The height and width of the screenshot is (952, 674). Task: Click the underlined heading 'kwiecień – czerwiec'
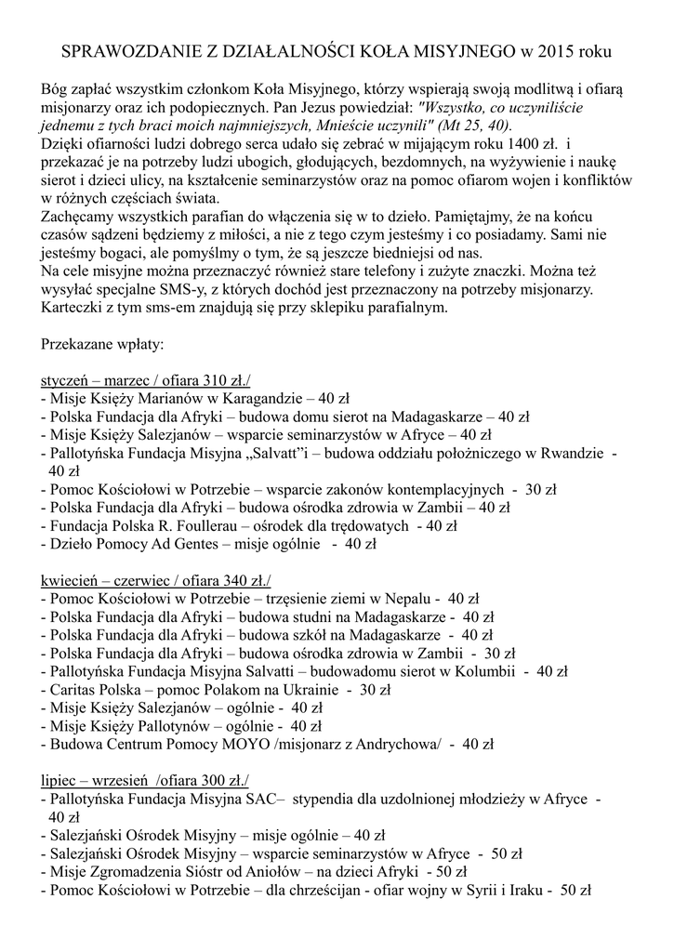click(x=108, y=580)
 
